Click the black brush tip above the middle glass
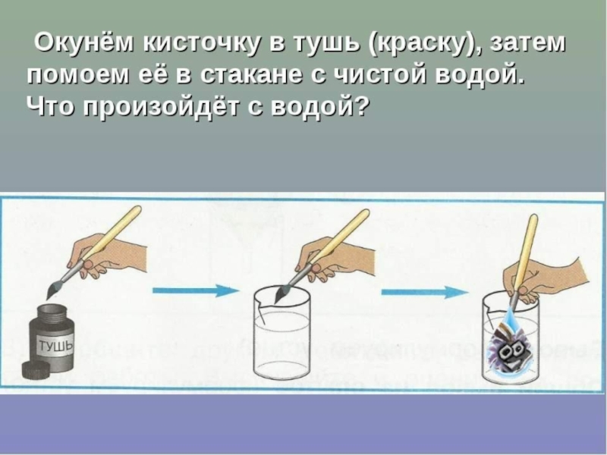point(281,292)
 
